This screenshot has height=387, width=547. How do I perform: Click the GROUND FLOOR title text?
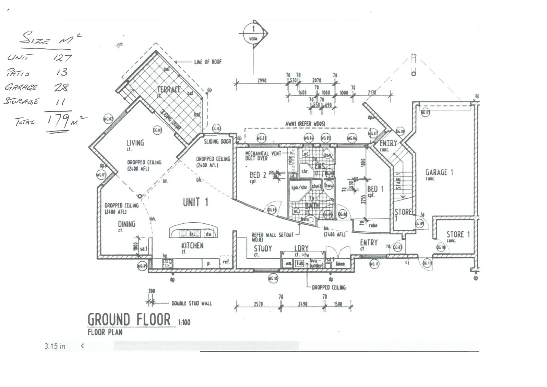(x=129, y=319)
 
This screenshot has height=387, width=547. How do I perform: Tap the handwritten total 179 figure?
(x=58, y=121)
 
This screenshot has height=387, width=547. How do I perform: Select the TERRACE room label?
(x=169, y=89)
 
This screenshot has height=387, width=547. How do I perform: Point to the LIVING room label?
(x=135, y=143)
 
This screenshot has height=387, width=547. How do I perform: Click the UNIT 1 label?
(x=195, y=202)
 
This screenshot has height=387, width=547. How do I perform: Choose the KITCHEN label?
(x=192, y=245)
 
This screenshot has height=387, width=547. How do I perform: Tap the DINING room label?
(x=127, y=224)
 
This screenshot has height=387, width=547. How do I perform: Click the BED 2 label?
(x=258, y=175)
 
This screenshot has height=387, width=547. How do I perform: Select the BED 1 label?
(x=375, y=189)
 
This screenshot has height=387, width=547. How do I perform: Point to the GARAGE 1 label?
(x=439, y=172)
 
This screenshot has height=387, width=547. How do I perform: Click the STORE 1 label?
(x=458, y=235)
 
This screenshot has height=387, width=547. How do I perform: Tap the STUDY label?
(x=263, y=248)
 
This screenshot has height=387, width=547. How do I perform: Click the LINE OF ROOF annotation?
(x=208, y=62)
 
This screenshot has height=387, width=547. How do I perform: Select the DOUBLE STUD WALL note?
(x=192, y=304)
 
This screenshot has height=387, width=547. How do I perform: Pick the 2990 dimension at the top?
(x=262, y=81)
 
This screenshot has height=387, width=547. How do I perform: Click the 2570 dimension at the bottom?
(x=258, y=304)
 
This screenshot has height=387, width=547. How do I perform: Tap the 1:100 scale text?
(x=184, y=322)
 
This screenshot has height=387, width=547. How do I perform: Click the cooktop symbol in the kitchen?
(x=168, y=263)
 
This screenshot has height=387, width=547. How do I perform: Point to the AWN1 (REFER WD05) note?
(x=305, y=124)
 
